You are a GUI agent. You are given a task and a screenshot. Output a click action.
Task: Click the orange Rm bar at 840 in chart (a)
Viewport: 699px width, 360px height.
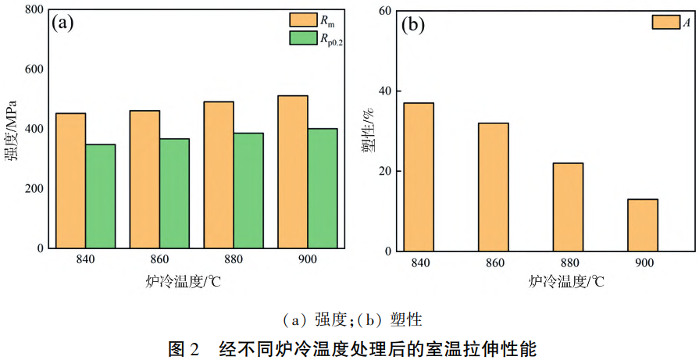point(71,180)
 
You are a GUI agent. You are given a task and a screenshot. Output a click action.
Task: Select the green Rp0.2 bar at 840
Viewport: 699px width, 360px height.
point(101,196)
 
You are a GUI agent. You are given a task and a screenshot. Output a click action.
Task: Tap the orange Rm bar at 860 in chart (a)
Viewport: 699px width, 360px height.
point(144,179)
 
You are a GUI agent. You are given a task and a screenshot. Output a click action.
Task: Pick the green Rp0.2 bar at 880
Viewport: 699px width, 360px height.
point(248,191)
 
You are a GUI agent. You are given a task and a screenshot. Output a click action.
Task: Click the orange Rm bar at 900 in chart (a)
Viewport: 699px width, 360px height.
point(293,172)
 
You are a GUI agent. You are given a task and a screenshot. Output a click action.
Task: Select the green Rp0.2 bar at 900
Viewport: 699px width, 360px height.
point(323,188)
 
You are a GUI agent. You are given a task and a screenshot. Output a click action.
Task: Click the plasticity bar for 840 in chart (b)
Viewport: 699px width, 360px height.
point(419,177)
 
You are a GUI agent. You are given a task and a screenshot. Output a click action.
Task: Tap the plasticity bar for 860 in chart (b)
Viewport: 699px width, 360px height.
point(494,187)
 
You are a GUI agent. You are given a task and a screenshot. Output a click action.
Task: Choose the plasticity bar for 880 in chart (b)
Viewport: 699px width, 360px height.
point(568,207)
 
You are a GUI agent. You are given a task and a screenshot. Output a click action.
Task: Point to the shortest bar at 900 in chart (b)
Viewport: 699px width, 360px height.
point(643,225)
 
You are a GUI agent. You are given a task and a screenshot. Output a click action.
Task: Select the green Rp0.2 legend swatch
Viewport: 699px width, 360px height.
point(301,37)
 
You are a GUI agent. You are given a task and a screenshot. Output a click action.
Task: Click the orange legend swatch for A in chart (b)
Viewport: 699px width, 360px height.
point(665,23)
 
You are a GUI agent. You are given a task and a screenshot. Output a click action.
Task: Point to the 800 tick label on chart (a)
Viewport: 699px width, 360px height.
point(34,10)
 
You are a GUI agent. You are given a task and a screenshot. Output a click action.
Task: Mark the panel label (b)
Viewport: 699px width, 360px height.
point(412,25)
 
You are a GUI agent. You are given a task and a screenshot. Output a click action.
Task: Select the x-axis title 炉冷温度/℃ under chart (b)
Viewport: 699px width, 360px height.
point(566,282)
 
